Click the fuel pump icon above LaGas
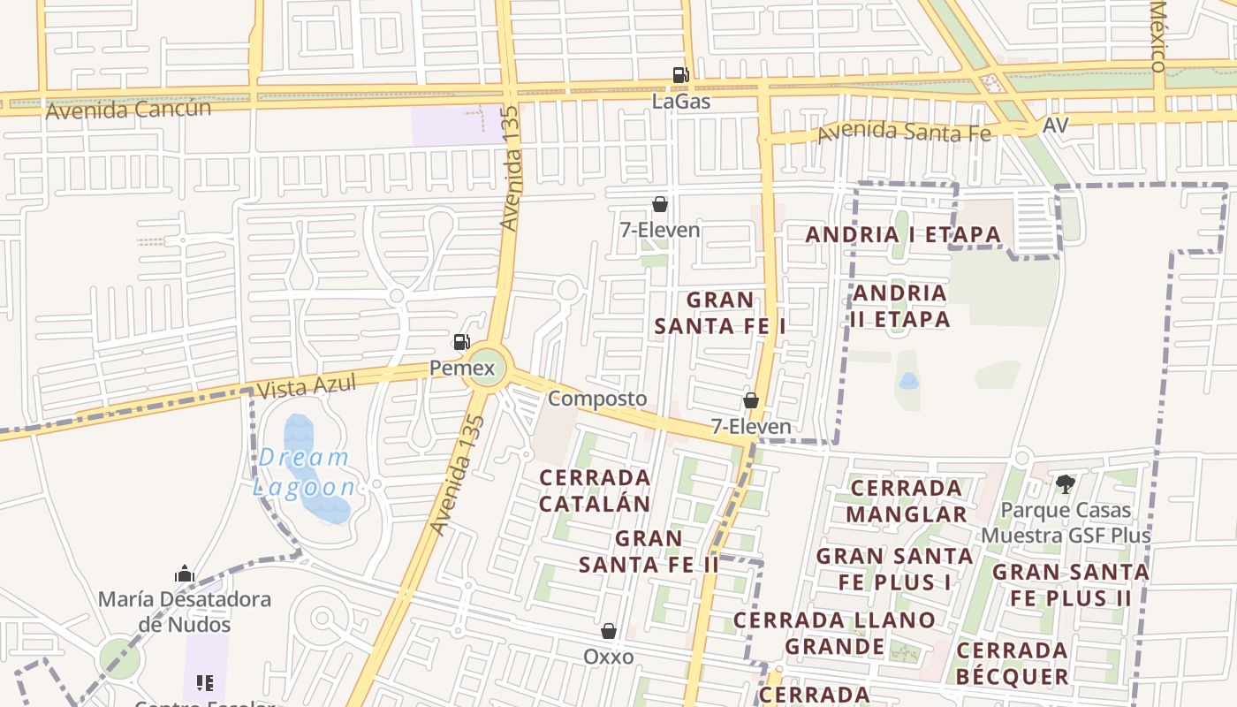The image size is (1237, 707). point(680,75)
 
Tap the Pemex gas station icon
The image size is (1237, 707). point(461,342)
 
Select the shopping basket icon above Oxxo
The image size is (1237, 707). point(609,631)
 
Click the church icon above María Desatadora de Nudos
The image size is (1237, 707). point(185,574)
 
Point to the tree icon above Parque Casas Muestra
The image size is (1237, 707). point(1066,483)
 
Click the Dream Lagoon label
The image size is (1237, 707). point(305,472)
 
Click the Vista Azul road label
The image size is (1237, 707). point(306,385)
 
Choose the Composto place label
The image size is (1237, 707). point(597,399)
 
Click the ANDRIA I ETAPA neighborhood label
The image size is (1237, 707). point(903,235)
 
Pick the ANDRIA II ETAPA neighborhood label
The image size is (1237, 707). point(899,306)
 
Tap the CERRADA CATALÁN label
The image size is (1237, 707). point(595,490)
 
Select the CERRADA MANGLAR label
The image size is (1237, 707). point(907,501)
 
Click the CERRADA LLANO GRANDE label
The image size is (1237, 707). point(834,634)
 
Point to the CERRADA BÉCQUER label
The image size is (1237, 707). point(1012,664)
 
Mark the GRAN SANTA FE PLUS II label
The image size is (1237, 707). point(1070,585)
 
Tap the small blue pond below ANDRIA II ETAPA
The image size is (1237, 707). point(908,381)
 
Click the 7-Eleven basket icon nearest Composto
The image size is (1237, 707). point(751,400)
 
